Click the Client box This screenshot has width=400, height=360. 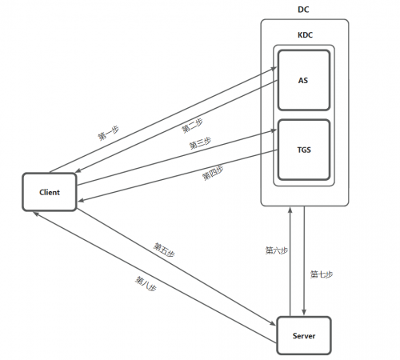coord(50,193)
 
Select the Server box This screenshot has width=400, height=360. coord(303,337)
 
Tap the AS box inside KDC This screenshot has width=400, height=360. coord(303,82)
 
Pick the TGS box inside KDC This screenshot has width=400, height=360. coord(303,150)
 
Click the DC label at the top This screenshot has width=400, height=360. coord(303,9)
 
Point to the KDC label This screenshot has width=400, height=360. coord(303,36)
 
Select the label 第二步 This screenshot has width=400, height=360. coord(192,126)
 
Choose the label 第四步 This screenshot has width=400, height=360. coord(213,171)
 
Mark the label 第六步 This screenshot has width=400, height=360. coord(276,250)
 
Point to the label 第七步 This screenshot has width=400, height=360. coord(322,274)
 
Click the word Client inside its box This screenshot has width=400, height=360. coord(50,193)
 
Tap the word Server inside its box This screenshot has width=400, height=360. coord(303,337)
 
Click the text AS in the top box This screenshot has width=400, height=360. coord(303,82)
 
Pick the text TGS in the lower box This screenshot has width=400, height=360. coord(303,150)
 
